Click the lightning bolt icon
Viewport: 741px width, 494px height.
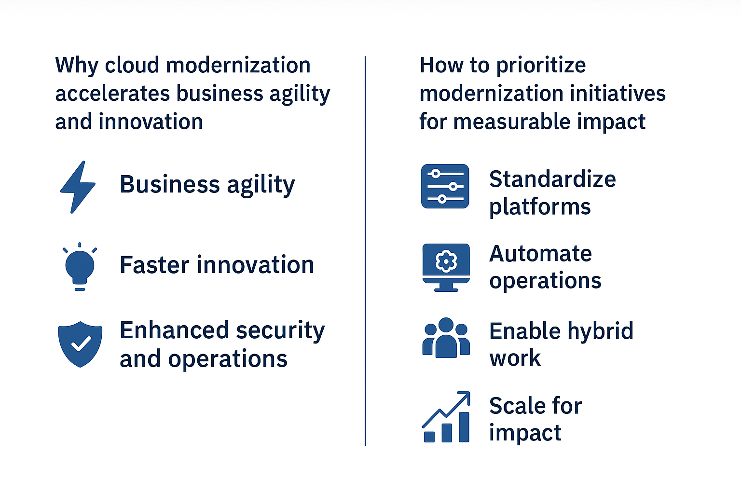pos(78,187)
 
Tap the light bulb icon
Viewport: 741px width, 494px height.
pos(80,267)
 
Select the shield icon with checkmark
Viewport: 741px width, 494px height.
pos(80,344)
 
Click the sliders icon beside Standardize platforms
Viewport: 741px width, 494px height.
pos(445,186)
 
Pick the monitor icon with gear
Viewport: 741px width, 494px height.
pos(446,267)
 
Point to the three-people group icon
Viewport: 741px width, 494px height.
pos(446,338)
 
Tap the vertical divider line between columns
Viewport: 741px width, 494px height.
pos(365,251)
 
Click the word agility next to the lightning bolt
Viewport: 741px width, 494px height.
pos(261,185)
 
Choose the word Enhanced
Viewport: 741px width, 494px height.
pos(174,331)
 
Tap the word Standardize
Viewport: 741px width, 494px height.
pos(552,179)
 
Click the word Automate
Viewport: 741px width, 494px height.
pos(540,254)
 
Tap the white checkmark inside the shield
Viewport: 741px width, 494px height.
pos(81,343)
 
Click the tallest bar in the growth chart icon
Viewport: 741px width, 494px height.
pos(464,427)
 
